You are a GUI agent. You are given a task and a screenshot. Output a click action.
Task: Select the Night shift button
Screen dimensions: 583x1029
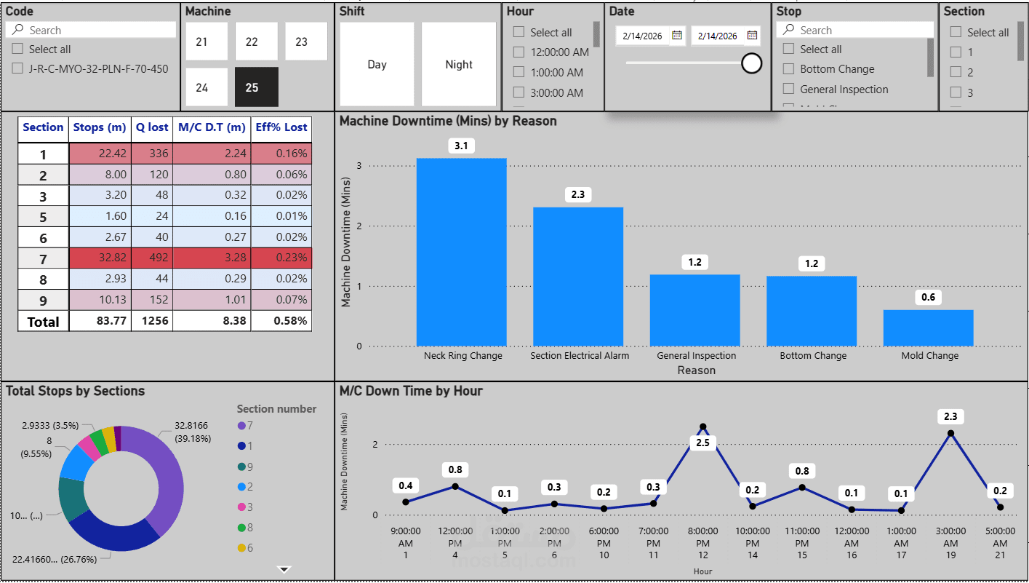[x=459, y=64]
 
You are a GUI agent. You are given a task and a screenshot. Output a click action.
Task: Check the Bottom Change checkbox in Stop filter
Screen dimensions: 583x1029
[x=788, y=69]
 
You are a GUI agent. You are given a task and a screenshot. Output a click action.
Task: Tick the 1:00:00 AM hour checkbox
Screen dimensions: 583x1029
[x=518, y=72]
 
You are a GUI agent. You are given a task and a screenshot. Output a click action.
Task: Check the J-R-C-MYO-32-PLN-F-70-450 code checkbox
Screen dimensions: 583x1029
[x=17, y=68]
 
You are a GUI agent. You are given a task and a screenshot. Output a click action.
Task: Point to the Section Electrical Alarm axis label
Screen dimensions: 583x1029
[x=580, y=356]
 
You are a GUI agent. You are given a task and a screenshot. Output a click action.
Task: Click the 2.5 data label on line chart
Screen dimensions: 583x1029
[x=702, y=443]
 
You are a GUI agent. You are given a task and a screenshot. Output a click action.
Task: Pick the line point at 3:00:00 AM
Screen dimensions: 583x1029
[x=950, y=433]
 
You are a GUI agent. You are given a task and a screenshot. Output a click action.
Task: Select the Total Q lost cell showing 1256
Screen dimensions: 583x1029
[x=152, y=321]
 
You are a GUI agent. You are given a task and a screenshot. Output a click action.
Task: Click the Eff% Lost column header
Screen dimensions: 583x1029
[x=281, y=127]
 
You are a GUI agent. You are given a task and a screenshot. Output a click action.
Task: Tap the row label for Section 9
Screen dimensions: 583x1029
[x=43, y=299]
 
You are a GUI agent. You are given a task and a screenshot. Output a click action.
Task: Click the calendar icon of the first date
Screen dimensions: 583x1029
[x=676, y=35]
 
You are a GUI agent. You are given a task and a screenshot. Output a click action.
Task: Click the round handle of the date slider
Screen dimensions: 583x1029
[x=751, y=63]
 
